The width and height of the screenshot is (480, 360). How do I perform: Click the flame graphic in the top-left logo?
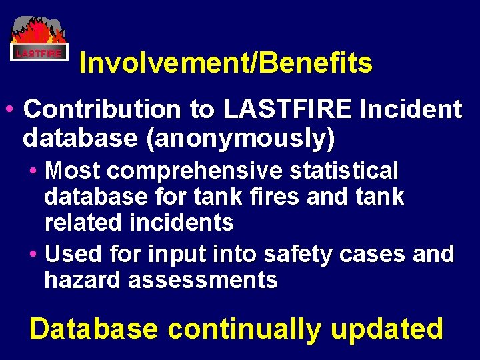39,32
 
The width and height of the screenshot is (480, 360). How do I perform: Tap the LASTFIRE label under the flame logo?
39,53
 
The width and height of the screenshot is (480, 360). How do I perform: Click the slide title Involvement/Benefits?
225,63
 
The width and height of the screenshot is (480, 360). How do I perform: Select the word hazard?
83,280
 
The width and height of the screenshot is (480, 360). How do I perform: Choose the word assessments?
203,280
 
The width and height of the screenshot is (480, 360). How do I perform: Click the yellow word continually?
244,329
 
